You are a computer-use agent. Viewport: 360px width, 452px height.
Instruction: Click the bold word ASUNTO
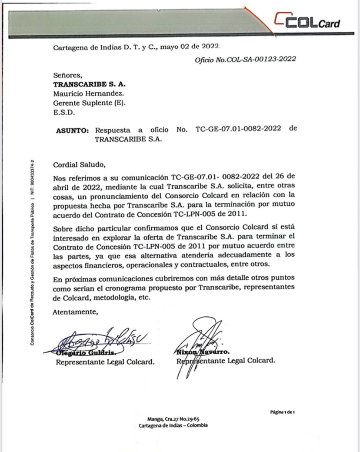[73, 130]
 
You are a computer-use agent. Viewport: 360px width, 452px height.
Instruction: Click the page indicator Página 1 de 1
[283, 412]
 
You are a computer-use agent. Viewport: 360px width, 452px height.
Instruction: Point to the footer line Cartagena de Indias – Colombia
[173, 425]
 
